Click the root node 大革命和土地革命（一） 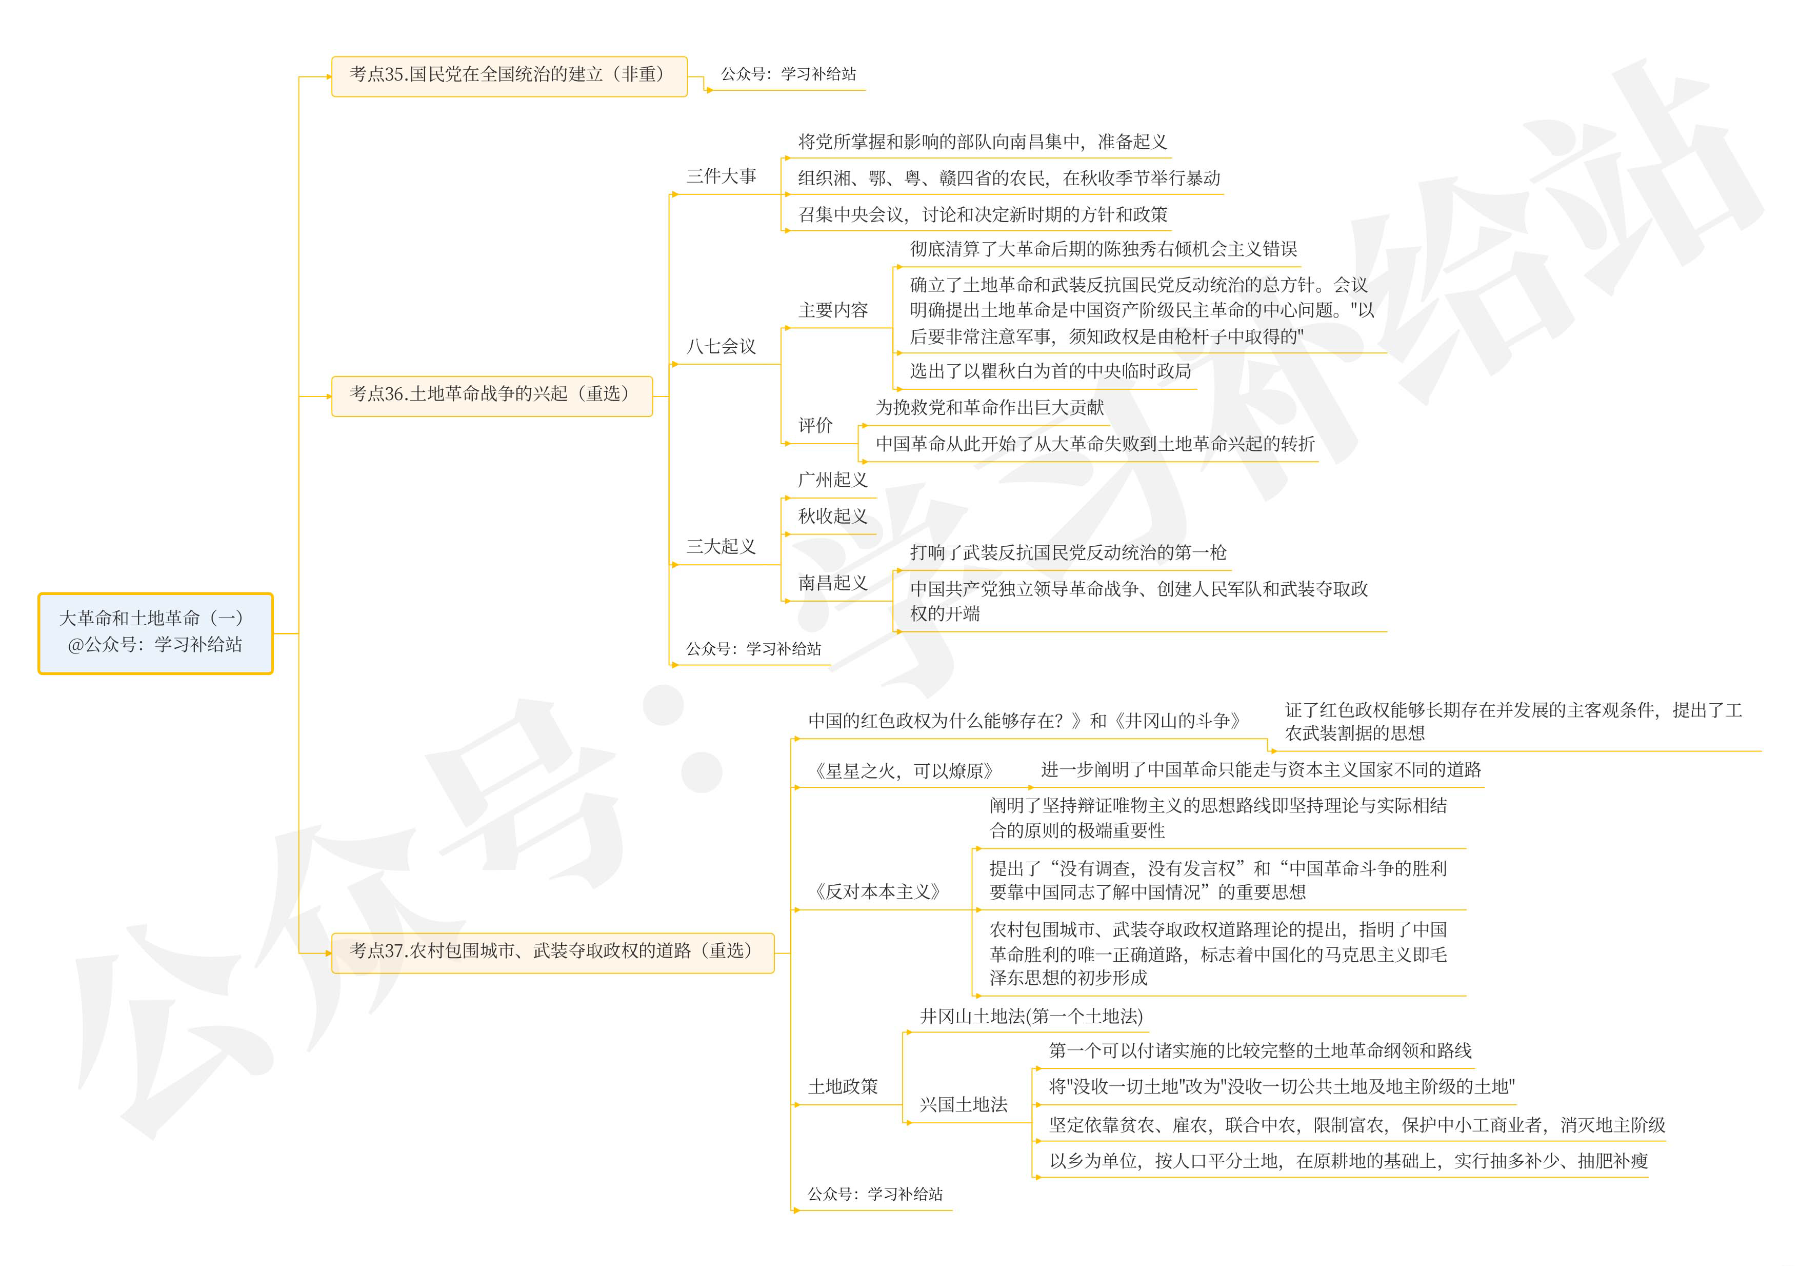pos(155,632)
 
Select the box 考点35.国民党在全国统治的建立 pos(509,75)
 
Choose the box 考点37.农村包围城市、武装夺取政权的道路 pos(552,951)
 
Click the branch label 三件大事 pos(721,176)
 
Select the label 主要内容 pos(833,310)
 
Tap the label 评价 pos(815,426)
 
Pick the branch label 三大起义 pos(721,546)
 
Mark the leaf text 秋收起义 pos(832,517)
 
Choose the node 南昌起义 pos(832,583)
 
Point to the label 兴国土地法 pos(963,1105)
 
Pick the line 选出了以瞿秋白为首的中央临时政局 pos(1050,371)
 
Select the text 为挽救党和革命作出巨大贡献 pos(989,407)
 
